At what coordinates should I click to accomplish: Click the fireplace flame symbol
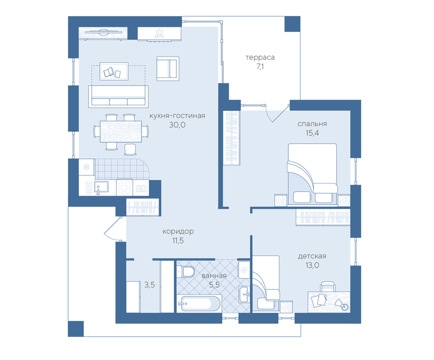(159, 33)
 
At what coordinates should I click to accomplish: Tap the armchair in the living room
(168, 69)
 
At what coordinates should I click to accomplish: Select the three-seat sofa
(118, 97)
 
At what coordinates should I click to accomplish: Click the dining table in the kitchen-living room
(121, 132)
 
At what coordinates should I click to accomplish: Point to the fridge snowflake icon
(86, 167)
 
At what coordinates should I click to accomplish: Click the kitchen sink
(101, 187)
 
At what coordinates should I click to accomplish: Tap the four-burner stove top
(124, 188)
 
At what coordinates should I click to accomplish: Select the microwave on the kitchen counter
(141, 188)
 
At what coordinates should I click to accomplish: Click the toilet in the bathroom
(186, 271)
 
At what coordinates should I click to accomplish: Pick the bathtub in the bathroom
(199, 304)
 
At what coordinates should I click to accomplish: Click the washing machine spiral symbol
(244, 270)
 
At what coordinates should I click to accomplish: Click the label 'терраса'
(260, 57)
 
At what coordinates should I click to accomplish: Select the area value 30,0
(177, 125)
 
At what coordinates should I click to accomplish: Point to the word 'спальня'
(312, 124)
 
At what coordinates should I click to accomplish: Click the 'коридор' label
(178, 231)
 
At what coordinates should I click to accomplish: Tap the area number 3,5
(150, 285)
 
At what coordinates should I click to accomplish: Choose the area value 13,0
(312, 265)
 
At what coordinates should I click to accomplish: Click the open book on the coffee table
(109, 72)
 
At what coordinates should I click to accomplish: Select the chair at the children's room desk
(328, 287)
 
